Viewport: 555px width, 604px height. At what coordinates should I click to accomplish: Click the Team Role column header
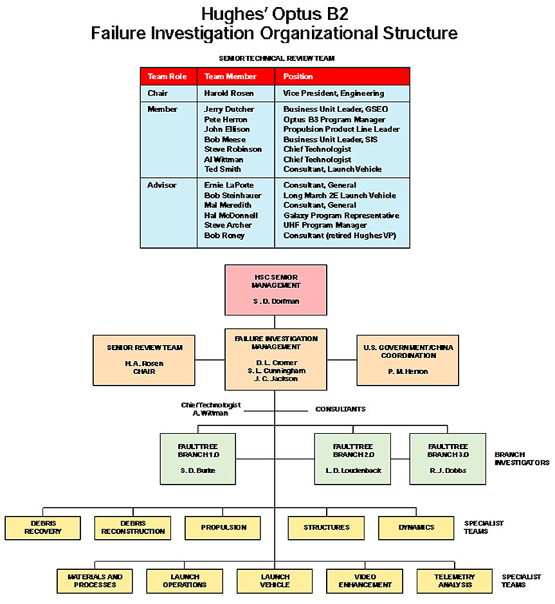tap(167, 76)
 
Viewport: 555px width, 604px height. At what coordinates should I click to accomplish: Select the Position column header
tap(298, 76)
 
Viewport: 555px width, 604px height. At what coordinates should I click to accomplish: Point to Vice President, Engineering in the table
tap(333, 94)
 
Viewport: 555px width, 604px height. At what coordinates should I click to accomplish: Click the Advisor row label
tap(161, 185)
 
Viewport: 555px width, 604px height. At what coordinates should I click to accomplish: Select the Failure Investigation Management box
tap(275, 359)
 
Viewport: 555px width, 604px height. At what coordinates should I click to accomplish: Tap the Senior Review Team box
tap(144, 359)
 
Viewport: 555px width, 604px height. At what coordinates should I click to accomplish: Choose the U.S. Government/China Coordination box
tap(408, 359)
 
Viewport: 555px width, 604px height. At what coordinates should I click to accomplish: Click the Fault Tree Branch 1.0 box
tap(197, 458)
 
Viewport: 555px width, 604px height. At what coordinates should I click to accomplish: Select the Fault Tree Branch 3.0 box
tap(448, 458)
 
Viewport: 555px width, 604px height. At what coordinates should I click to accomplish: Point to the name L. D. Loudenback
tap(352, 470)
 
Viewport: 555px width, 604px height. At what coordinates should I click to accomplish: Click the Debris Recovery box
tap(43, 528)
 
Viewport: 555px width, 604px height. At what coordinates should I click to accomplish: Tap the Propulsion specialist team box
tap(223, 528)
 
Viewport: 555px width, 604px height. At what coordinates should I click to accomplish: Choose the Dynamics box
tap(416, 528)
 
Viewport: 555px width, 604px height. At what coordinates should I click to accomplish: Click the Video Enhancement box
tap(365, 581)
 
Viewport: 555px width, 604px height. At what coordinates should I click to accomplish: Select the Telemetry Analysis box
tap(455, 581)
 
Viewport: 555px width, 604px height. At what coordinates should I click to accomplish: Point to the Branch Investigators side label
tap(522, 458)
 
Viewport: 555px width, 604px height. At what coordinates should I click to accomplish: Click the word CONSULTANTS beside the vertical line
tap(340, 409)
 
